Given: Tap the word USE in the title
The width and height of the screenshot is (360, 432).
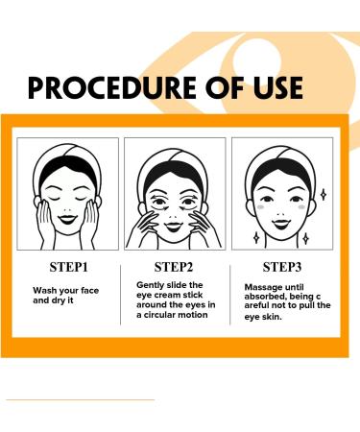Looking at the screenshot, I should (x=272, y=87).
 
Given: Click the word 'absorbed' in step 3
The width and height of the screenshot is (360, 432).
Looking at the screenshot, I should (x=268, y=297).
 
